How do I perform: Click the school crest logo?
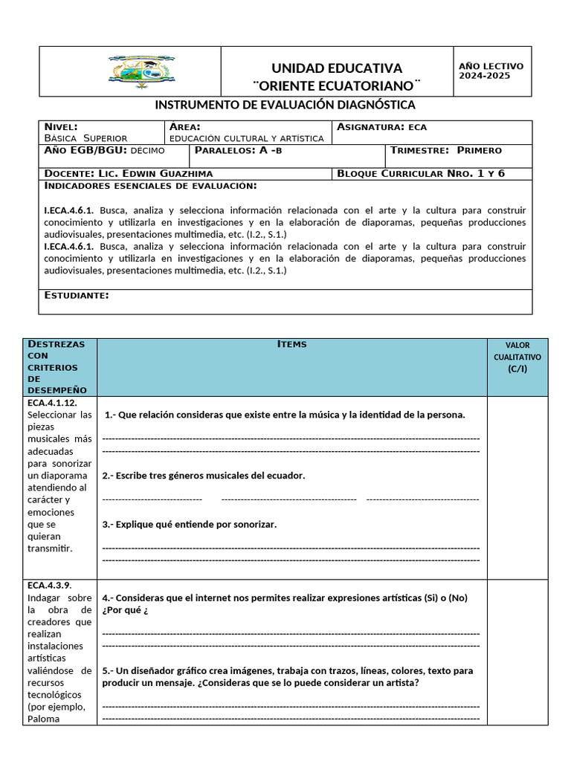pos(141,71)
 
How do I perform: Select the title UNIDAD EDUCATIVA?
pos(337,68)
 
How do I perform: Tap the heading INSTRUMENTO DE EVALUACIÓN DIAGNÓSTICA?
pos(285,106)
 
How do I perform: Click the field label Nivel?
pos(61,127)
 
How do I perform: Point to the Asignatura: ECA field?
pos(382,127)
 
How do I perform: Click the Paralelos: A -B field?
pos(239,150)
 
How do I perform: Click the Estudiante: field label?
pos(77,296)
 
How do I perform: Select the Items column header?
pos(291,344)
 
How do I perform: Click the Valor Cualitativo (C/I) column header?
pos(517,357)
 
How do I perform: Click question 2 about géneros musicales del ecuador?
pos(204,476)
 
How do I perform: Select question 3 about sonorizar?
pos(190,525)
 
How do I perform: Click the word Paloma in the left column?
pos(44,718)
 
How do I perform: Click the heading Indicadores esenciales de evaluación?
pos(151,186)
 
